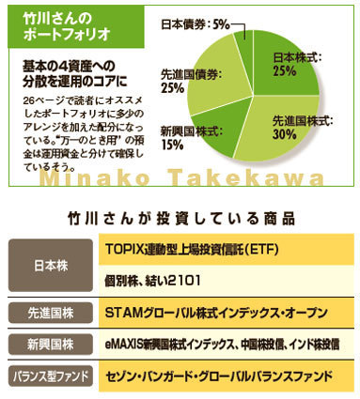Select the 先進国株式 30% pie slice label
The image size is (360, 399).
(297, 128)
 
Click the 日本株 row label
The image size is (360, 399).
(50, 266)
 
